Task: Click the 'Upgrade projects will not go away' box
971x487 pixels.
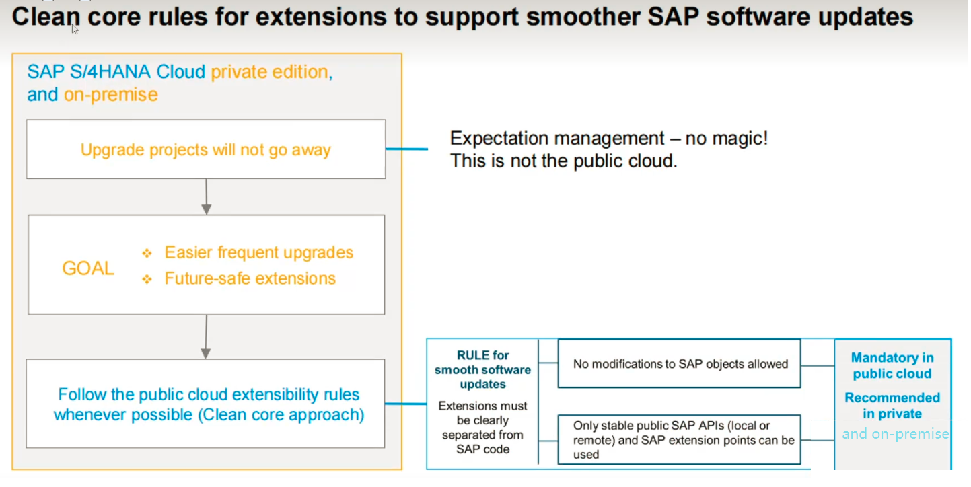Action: click(x=205, y=149)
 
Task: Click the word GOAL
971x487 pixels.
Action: click(x=88, y=268)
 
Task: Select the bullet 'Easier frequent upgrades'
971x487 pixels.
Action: click(x=258, y=252)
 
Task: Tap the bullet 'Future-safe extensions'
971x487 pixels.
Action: click(x=250, y=278)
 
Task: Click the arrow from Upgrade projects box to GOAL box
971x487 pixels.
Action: click(x=206, y=196)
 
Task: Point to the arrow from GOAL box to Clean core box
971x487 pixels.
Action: click(x=206, y=336)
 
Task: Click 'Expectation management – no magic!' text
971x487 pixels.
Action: click(x=608, y=139)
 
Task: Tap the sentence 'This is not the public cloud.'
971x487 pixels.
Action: click(x=563, y=161)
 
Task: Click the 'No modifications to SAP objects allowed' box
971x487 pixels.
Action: click(x=680, y=364)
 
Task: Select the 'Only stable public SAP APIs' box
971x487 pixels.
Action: click(x=680, y=439)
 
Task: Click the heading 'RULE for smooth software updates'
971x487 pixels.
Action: click(x=482, y=369)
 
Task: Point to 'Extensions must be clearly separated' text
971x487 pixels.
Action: click(x=482, y=427)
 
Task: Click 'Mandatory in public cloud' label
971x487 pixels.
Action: click(x=892, y=365)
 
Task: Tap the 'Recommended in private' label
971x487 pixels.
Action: click(x=892, y=406)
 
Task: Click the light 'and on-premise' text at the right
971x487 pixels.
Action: click(x=894, y=434)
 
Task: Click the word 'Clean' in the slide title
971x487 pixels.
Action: click(x=42, y=17)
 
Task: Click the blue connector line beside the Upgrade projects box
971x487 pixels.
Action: click(x=407, y=149)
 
